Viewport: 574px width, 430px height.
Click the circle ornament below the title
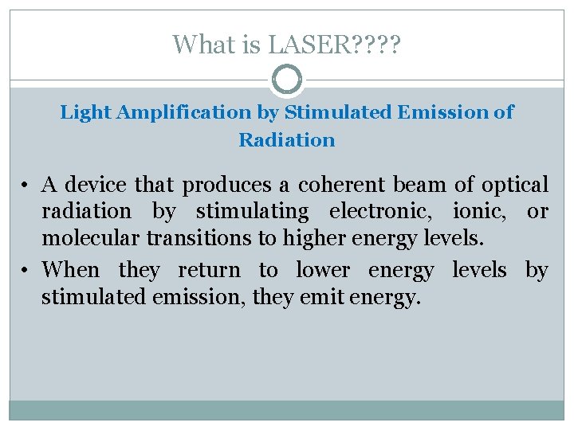click(x=287, y=80)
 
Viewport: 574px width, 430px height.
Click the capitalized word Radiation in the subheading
click(x=287, y=140)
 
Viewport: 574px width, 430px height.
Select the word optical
click(x=513, y=186)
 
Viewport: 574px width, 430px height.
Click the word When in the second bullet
click(x=71, y=270)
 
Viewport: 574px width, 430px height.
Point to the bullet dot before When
click(x=26, y=271)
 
